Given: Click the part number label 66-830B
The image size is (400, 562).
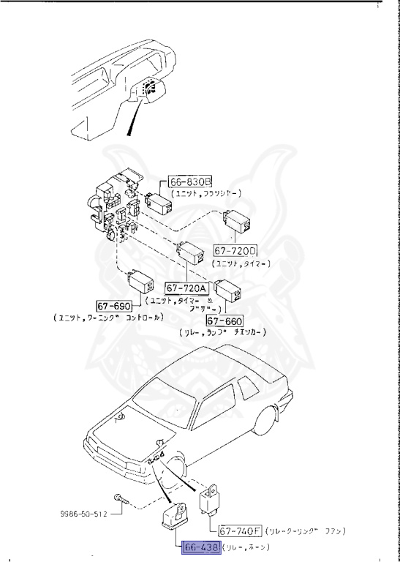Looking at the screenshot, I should tap(190, 181).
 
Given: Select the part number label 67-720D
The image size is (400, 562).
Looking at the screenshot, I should tap(235, 250).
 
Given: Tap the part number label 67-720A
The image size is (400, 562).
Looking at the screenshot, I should tap(187, 288).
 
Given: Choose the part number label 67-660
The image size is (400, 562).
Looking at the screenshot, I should tap(224, 321).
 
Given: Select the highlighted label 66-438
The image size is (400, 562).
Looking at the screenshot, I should tap(192, 546).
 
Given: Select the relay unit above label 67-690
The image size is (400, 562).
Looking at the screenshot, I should tap(140, 280).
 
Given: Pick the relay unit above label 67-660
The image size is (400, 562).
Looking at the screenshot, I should tap(229, 291).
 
